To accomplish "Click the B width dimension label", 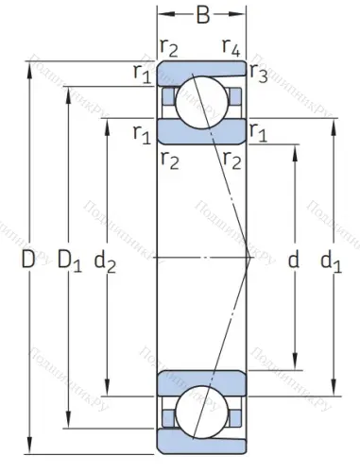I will tap(202, 16).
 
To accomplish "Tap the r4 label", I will tap(230, 45).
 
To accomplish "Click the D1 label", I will tap(69, 259).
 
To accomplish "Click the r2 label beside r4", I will tap(169, 45).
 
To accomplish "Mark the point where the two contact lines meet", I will tap(248, 257).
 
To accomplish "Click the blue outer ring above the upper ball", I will tap(201, 69).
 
